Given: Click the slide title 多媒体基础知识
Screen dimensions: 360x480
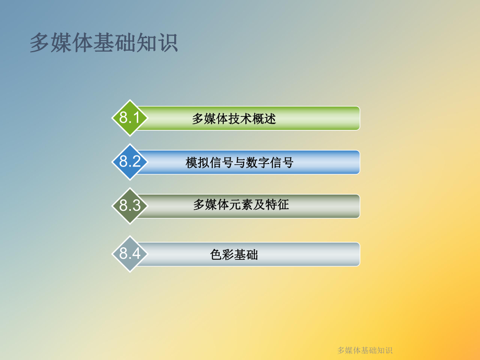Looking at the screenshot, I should click(104, 43).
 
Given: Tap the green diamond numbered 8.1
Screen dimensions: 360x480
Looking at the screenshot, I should click(130, 118).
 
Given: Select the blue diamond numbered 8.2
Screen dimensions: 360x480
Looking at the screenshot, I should click(130, 162).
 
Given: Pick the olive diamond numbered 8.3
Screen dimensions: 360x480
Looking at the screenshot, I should click(130, 206).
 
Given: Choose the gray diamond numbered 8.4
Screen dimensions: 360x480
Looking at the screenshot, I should click(130, 254).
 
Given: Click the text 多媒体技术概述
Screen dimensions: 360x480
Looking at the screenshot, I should click(234, 119).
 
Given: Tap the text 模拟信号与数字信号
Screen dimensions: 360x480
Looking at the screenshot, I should click(239, 163).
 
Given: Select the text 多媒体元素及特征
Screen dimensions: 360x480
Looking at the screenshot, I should click(241, 205).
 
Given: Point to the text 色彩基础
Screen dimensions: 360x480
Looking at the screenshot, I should click(234, 255).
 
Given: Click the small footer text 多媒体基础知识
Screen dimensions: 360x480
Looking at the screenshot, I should click(365, 350).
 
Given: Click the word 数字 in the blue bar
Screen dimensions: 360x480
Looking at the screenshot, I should click(258, 163).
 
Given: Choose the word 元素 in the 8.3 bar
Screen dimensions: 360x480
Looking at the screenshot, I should click(241, 205).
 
